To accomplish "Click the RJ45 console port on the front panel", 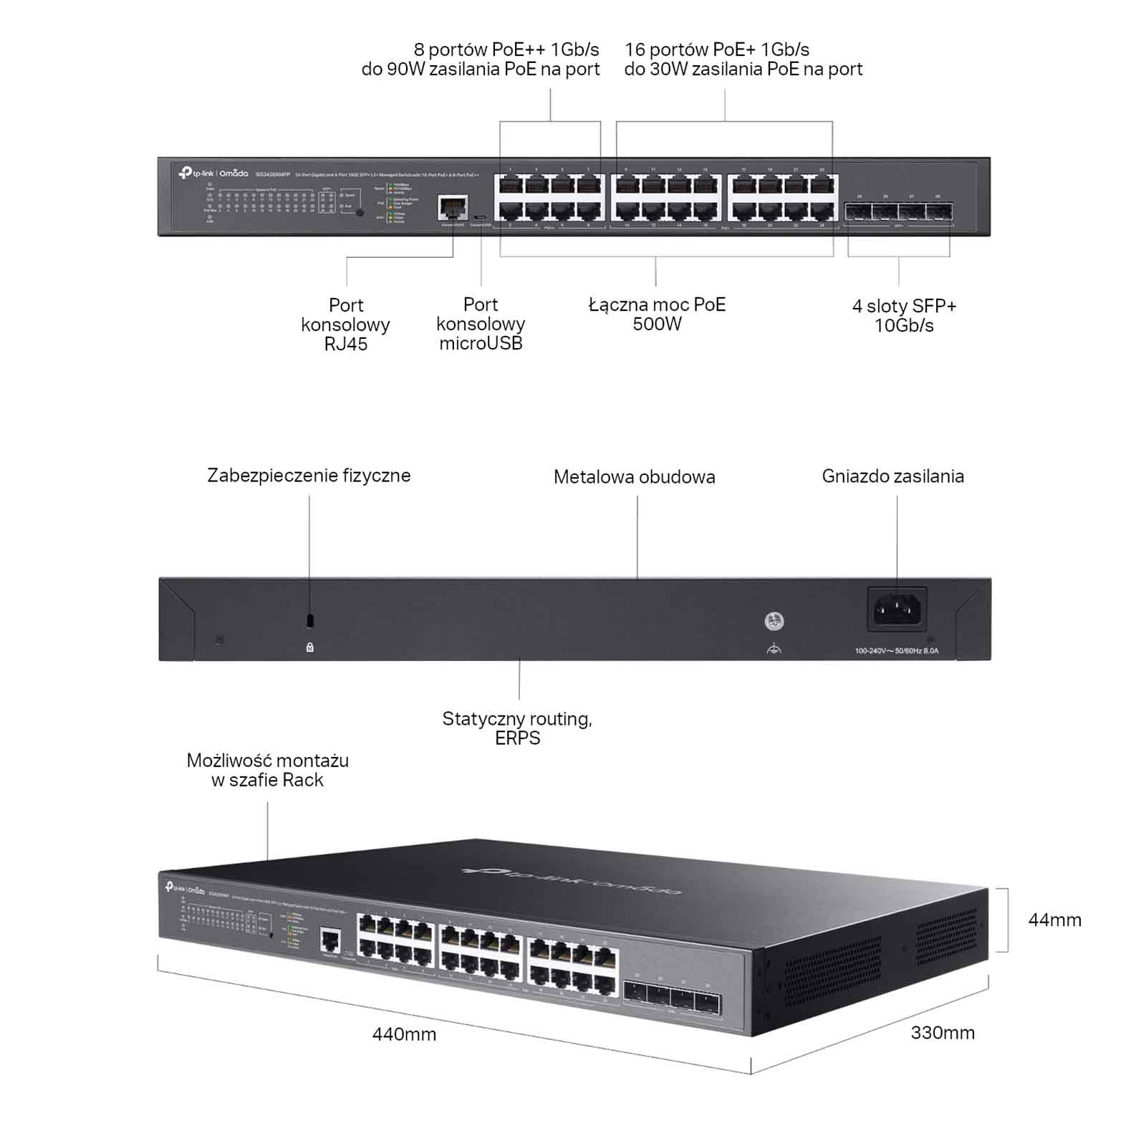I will point(453,207).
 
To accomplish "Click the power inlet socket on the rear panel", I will point(897,610).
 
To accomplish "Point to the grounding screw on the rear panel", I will point(774,621).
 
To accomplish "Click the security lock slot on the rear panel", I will point(309,619).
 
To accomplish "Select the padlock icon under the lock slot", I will point(309,647).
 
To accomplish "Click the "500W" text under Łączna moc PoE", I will point(657,324).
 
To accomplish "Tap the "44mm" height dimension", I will point(1054,920).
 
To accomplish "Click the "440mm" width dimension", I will point(404,1034).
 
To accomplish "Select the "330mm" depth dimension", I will point(943,1032).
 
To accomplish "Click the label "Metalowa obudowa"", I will point(634,477).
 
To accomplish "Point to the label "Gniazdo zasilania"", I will point(892,476).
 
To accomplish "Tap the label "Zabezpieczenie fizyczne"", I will point(309,476).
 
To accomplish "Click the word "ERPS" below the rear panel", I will point(517,738).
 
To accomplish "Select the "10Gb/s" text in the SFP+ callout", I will point(904,326).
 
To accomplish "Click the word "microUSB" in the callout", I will point(481,343).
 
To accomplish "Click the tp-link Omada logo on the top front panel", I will point(213,173).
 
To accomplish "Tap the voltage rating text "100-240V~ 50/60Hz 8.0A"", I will point(896,651).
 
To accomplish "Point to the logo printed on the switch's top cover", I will point(572,879).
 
